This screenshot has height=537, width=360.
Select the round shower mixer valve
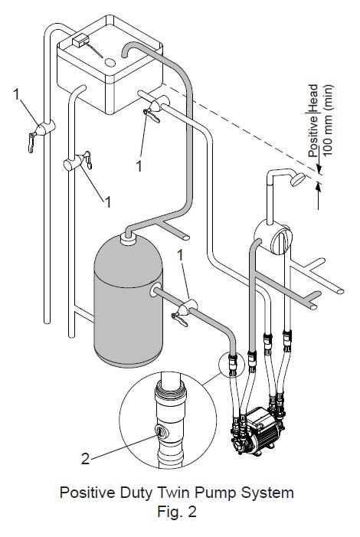tap(270, 238)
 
